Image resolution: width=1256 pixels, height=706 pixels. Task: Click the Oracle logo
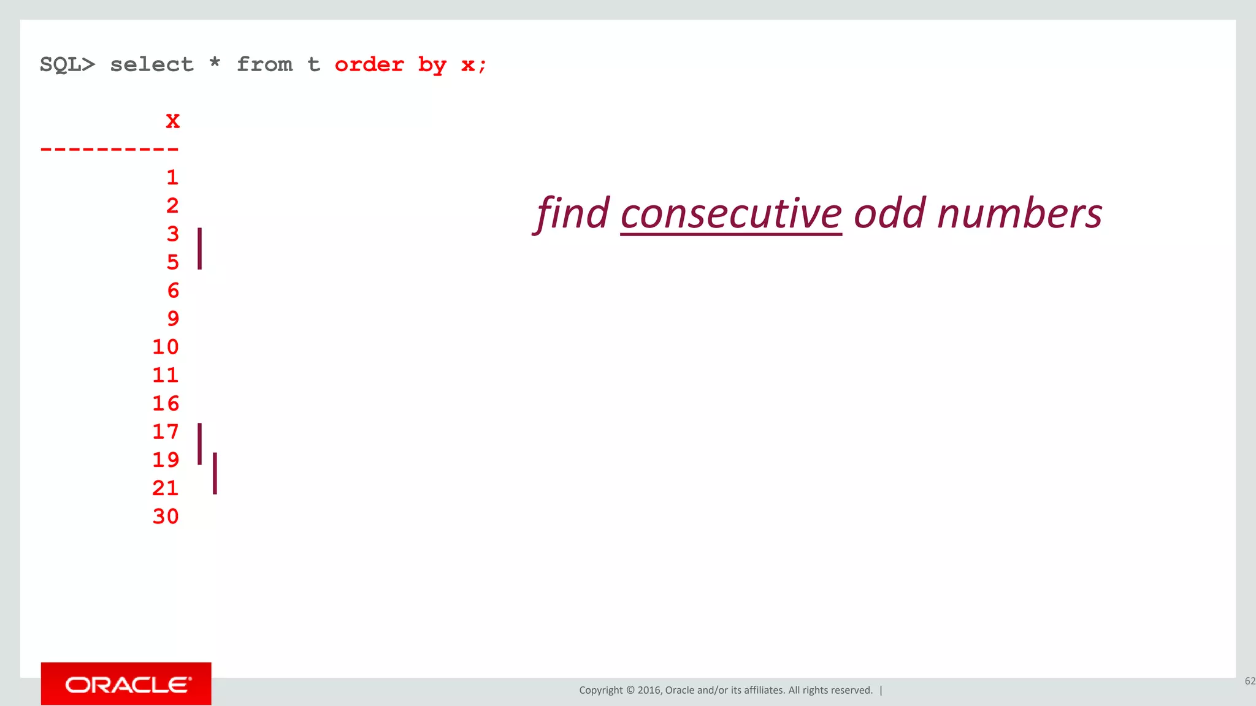tap(126, 684)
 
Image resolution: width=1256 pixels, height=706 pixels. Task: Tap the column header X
tap(172, 121)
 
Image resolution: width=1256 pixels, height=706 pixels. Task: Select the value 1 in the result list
tap(172, 178)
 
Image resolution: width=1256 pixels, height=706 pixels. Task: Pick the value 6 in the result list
tap(173, 290)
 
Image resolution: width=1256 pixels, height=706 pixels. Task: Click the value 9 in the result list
tap(173, 319)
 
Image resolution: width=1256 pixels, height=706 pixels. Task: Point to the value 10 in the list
tap(166, 347)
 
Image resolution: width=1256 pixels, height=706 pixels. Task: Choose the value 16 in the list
tap(166, 403)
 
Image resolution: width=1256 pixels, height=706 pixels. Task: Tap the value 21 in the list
tap(166, 488)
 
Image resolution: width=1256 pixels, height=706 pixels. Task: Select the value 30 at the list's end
tap(166, 517)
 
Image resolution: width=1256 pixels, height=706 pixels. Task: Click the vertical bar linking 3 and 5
tap(200, 248)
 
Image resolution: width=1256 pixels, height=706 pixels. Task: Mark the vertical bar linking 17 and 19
tap(200, 443)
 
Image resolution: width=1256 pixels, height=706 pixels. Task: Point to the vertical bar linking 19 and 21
tap(215, 473)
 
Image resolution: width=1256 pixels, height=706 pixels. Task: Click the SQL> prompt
tap(67, 64)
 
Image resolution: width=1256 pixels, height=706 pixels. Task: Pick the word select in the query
tap(151, 64)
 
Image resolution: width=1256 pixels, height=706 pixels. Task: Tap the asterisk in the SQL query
tap(215, 63)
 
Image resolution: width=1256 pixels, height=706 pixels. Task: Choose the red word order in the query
tap(369, 64)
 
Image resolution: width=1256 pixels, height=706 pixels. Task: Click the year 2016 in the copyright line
tap(649, 690)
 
